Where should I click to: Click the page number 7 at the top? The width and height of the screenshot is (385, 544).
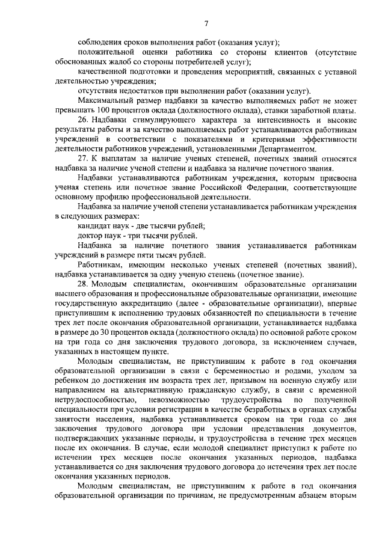206,23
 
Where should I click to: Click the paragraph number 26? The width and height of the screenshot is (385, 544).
83,120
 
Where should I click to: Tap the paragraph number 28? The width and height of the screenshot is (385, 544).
83,284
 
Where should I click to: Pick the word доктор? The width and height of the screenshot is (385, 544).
90,236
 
